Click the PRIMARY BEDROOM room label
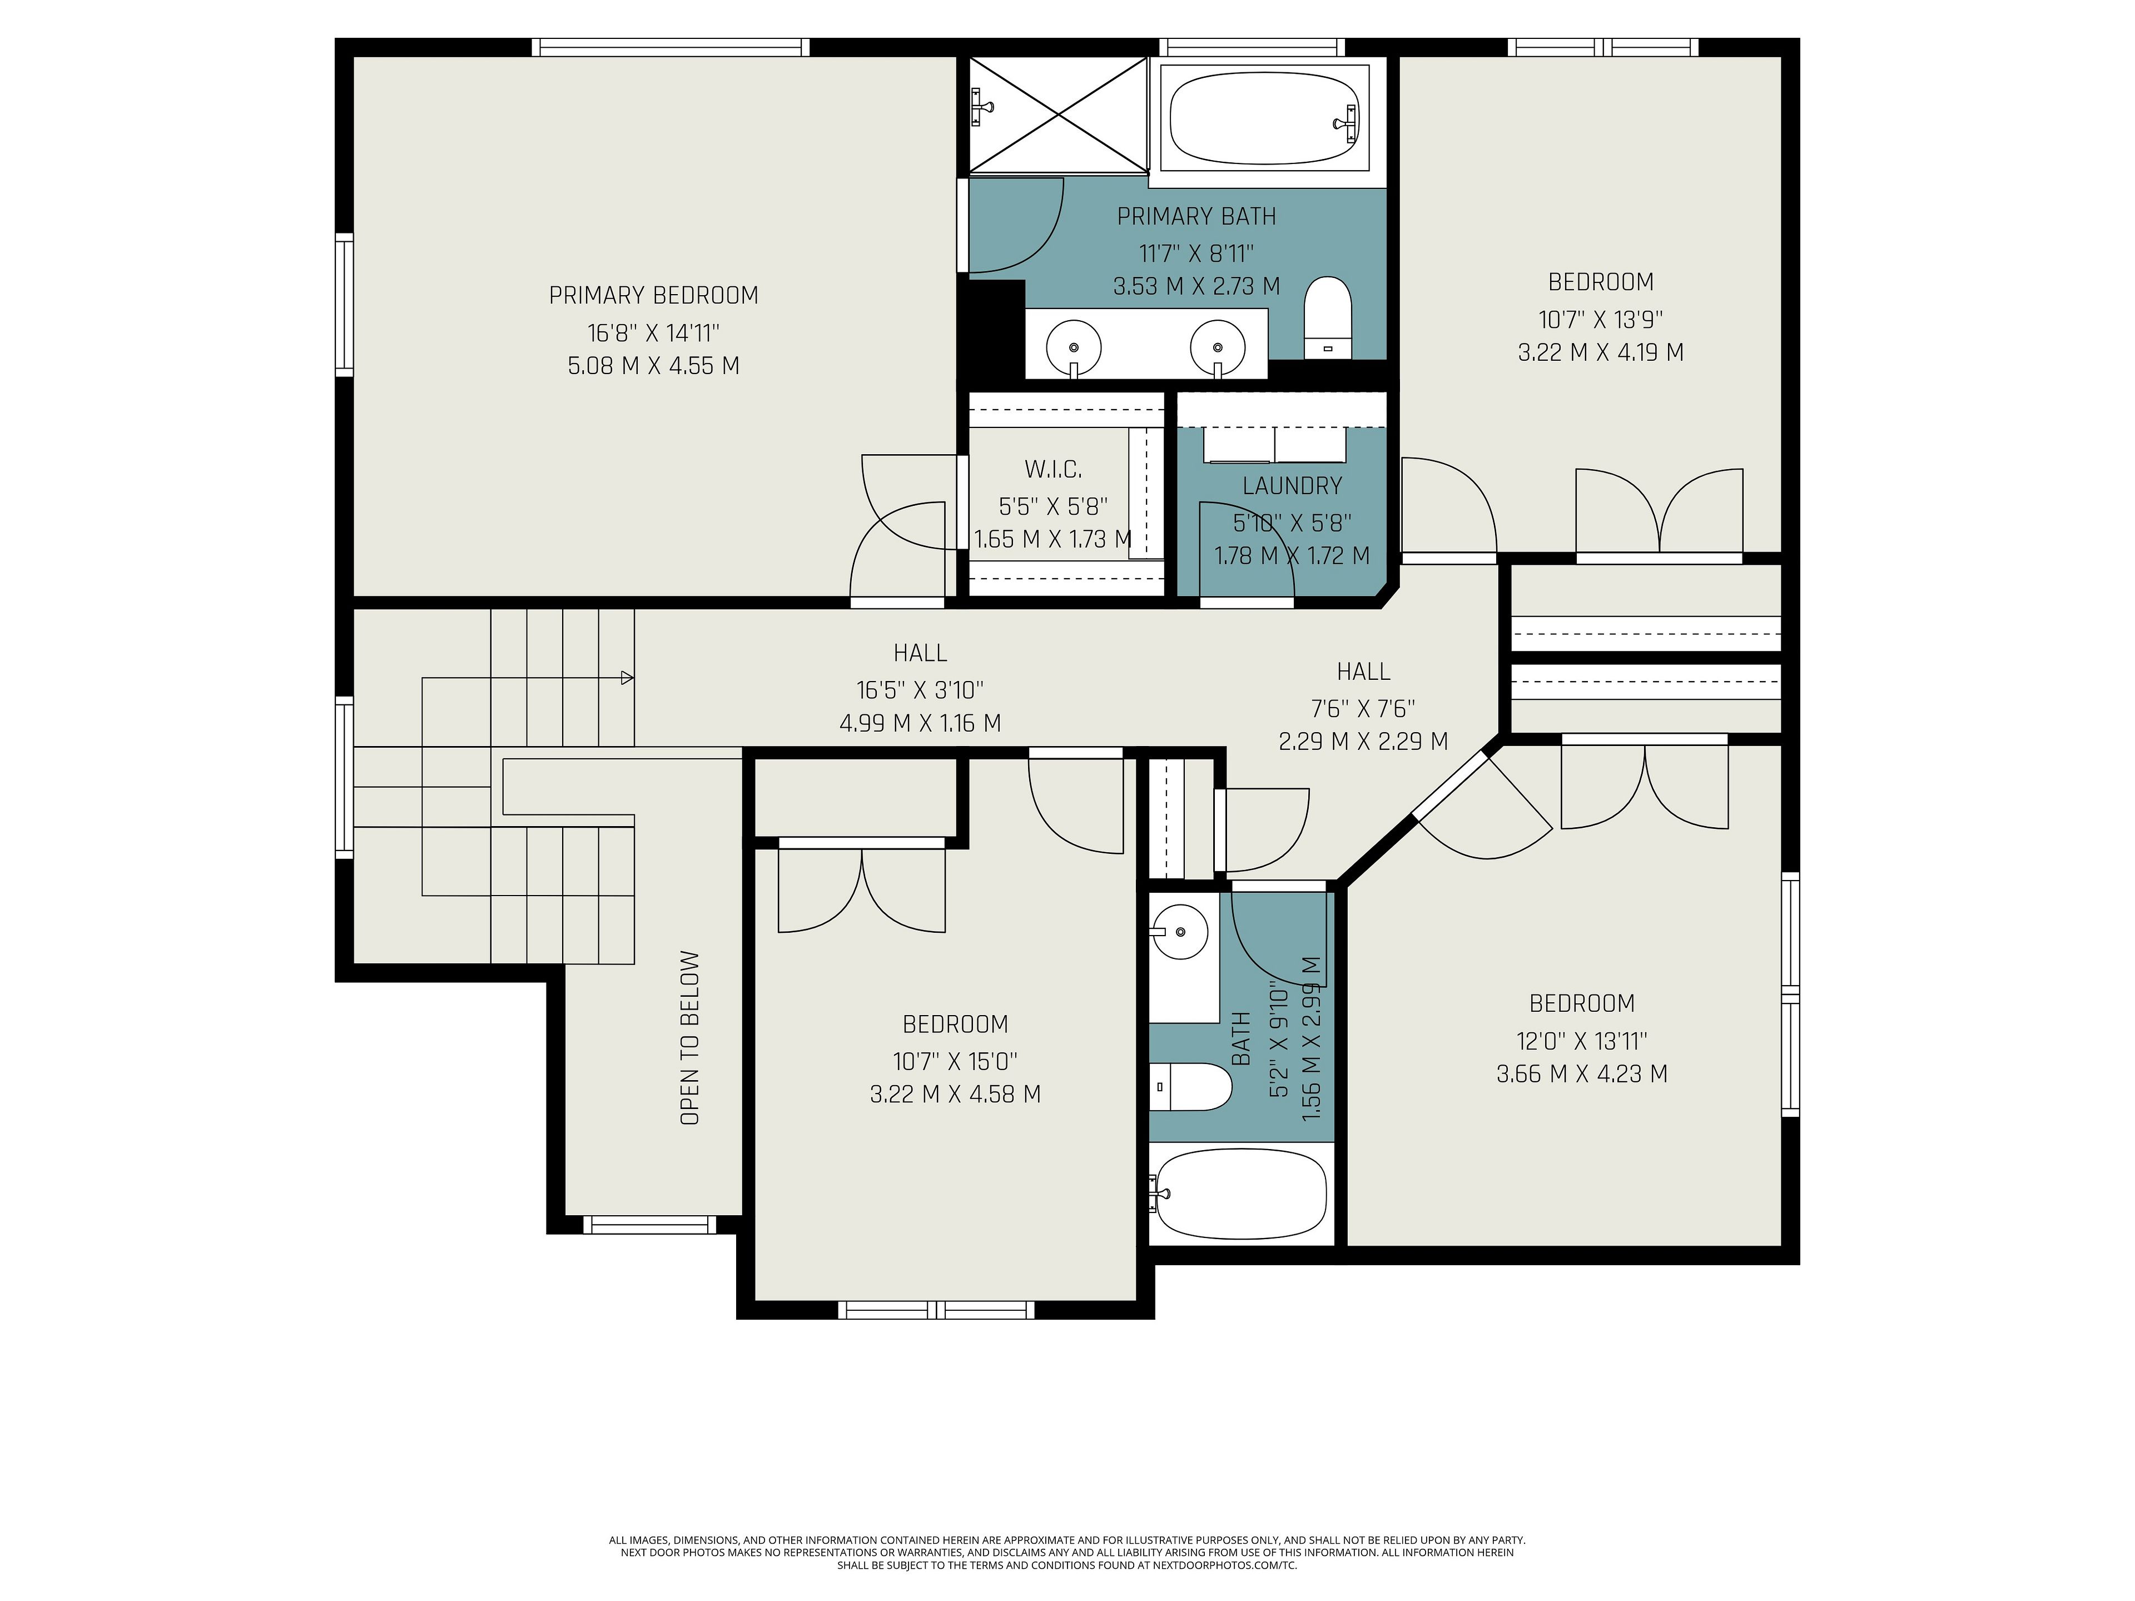point(653,295)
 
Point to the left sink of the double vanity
point(1073,344)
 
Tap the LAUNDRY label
point(1292,486)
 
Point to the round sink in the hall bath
point(1179,932)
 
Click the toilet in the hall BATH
point(1191,1087)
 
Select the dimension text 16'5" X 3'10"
point(920,690)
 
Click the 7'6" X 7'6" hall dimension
point(1363,708)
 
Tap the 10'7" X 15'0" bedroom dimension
point(955,1062)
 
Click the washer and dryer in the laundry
point(1274,445)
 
